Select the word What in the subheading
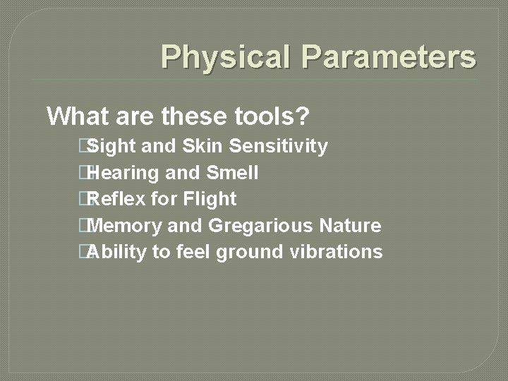(78, 115)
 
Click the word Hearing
(124, 173)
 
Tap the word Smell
(232, 173)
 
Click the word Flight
(210, 200)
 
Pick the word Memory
(127, 226)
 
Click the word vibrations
(337, 252)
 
